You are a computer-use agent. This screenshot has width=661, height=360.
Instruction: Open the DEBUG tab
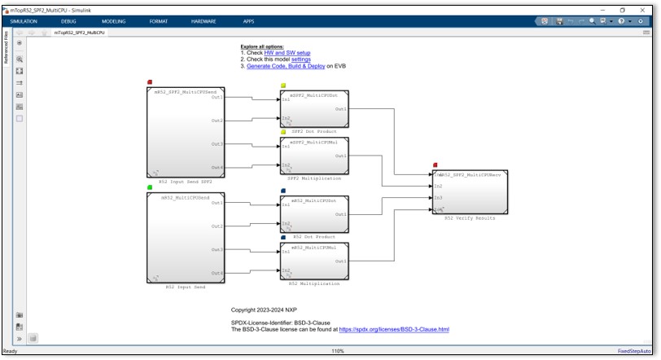coord(68,21)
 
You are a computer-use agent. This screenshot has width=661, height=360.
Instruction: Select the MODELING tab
coord(113,21)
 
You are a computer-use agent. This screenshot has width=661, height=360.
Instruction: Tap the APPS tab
coord(248,21)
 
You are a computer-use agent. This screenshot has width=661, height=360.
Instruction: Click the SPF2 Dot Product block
coord(313,108)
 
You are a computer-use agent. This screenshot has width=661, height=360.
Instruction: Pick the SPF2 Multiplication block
coord(313,156)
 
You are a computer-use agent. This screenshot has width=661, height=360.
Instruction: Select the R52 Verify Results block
coord(471,192)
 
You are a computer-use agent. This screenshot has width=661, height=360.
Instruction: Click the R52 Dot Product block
coord(313,214)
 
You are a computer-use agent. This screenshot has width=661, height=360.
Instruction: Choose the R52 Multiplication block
coord(313,261)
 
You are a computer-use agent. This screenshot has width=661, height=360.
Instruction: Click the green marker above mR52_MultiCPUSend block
coord(150,188)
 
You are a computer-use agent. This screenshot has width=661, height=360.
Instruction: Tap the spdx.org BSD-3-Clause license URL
coord(393,329)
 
